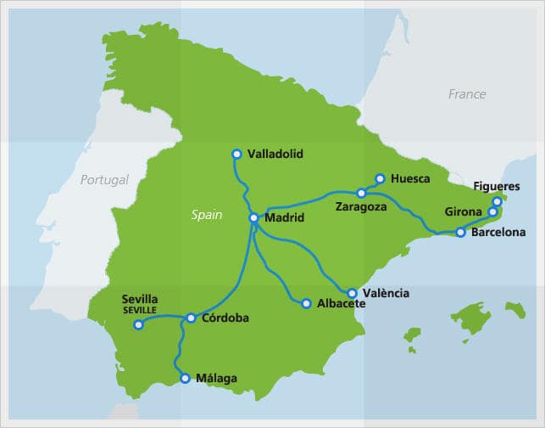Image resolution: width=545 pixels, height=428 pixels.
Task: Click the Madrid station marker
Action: (253, 218)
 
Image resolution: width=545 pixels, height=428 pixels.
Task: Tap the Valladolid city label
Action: (275, 155)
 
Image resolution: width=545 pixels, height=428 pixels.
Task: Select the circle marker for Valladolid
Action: (237, 154)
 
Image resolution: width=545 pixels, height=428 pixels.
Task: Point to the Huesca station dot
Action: (380, 179)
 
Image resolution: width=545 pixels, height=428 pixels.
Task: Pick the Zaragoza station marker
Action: (361, 194)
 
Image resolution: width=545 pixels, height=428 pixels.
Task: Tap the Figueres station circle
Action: (498, 202)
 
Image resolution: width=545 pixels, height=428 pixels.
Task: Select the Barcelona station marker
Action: (460, 232)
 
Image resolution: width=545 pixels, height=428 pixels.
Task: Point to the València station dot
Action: (353, 293)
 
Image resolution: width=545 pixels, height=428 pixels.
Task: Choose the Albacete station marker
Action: (307, 303)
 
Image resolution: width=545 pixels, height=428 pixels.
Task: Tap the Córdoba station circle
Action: (191, 318)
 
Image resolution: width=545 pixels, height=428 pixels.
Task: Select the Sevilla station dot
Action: (139, 324)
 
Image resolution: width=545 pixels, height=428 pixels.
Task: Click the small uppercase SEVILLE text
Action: (140, 310)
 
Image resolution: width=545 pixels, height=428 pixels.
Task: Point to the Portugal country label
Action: (104, 180)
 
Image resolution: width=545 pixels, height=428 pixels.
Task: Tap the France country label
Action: (467, 94)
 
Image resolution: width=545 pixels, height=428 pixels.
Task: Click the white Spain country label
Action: (206, 215)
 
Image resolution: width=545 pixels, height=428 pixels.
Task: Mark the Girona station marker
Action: (492, 212)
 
